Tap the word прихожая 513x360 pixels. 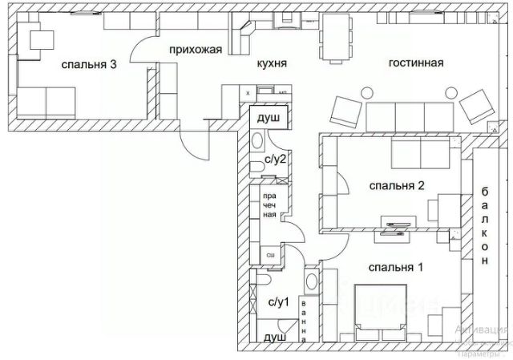195,50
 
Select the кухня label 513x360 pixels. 272,64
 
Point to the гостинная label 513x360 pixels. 416,64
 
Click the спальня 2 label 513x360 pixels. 396,186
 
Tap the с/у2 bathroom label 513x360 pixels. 275,160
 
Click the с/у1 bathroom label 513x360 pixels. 277,302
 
